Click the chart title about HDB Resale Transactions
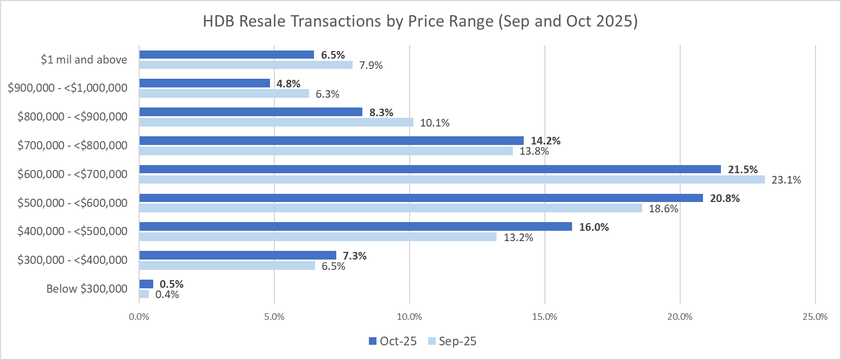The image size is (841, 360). (420, 22)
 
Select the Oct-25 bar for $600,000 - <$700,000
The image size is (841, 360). (430, 169)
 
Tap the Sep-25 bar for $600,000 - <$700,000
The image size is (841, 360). (451, 179)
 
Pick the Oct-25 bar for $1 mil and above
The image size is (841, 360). (227, 54)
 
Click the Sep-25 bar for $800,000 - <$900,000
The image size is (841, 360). (276, 122)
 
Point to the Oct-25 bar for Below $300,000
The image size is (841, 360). (146, 284)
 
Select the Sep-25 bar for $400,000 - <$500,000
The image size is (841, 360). (318, 237)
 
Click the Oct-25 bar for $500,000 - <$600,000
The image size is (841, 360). (421, 198)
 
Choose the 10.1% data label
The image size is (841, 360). (434, 123)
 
